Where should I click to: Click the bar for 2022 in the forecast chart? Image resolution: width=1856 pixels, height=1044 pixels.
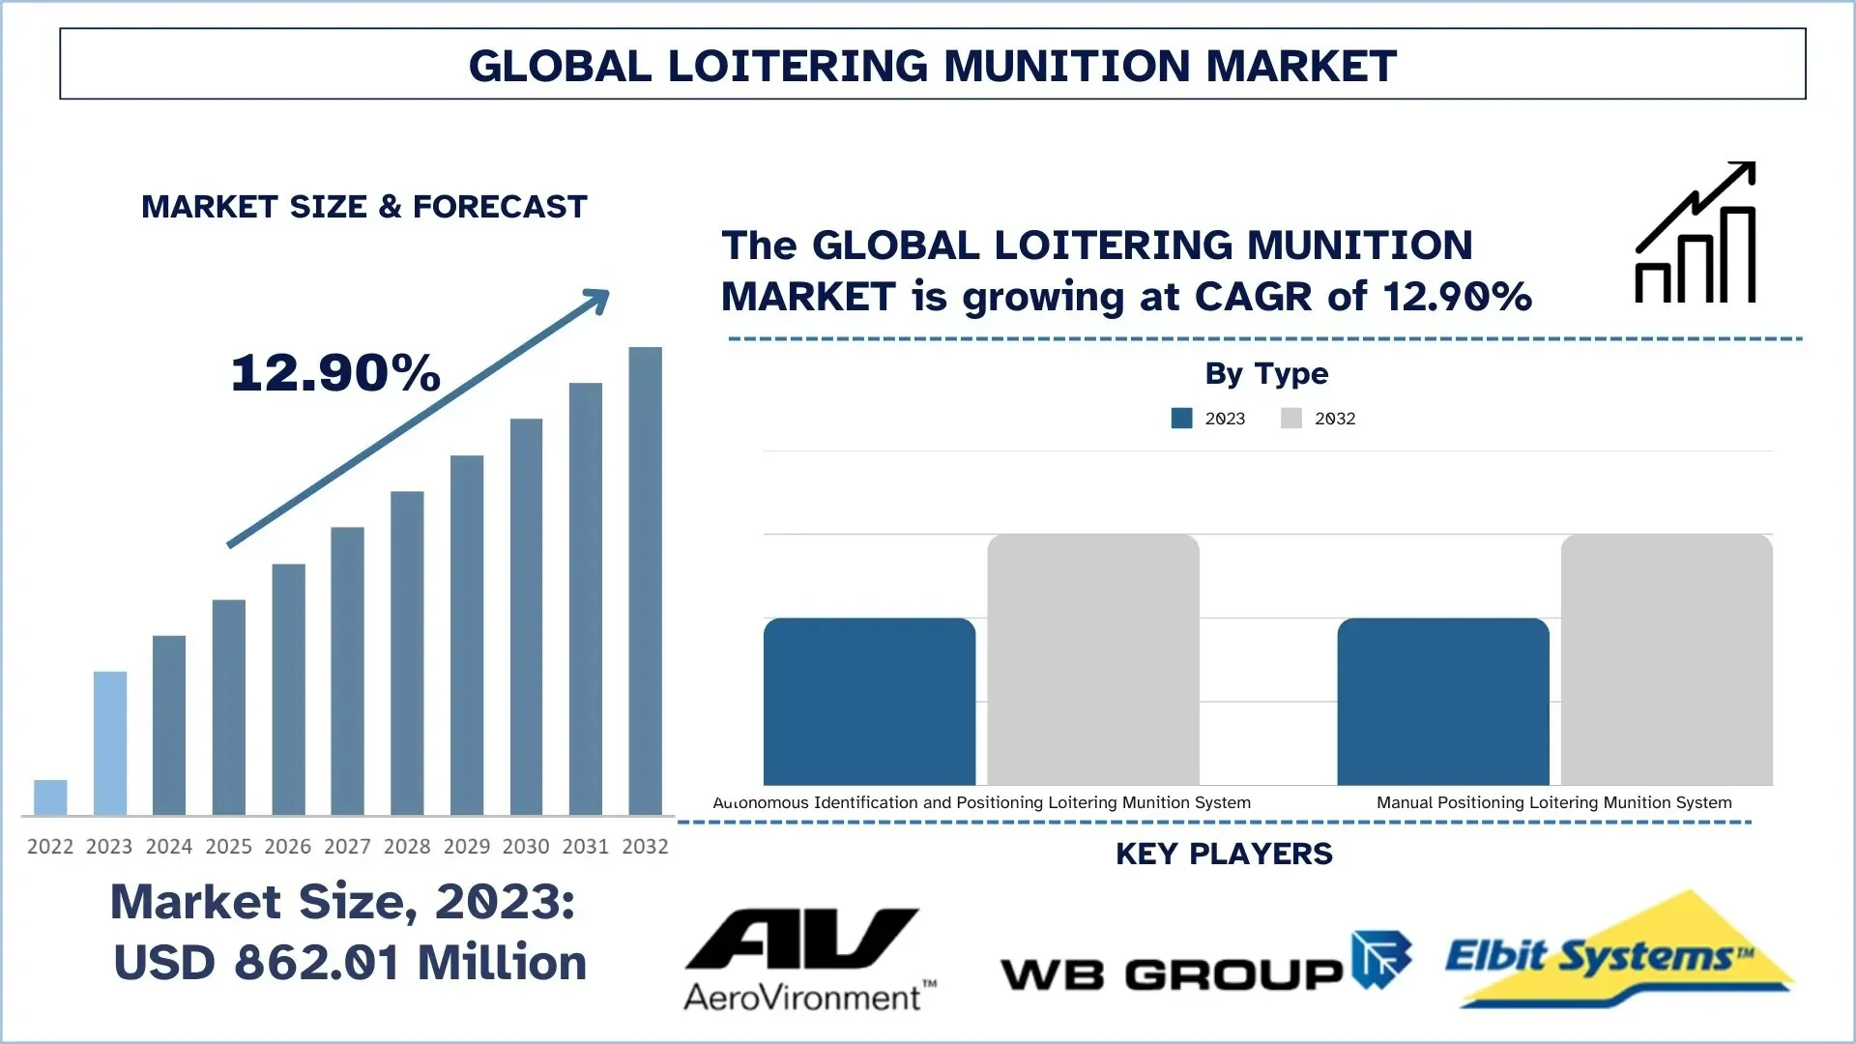tap(50, 797)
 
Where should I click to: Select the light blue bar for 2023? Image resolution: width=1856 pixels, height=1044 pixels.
tap(109, 742)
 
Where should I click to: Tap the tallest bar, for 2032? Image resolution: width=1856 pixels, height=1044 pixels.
tap(645, 580)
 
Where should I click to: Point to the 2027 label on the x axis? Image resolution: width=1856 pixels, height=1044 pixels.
tap(347, 847)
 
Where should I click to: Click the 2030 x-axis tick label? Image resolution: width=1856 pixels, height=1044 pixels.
tap(526, 847)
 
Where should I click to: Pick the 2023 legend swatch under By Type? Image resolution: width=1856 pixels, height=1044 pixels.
tap(1181, 419)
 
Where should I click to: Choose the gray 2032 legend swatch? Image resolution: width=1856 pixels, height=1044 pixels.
tap(1291, 419)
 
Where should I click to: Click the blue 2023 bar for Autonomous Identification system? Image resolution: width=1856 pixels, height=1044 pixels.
tap(869, 702)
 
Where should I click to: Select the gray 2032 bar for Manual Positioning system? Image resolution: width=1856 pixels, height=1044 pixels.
tap(1667, 659)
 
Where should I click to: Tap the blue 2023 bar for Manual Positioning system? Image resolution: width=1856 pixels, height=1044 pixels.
tap(1443, 702)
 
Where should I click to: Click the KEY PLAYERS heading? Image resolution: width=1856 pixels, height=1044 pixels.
tap(1224, 855)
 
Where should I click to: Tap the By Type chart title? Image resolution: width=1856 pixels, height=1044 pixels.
tap(1266, 373)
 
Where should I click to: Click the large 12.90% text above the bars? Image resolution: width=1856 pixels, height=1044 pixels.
tap(335, 373)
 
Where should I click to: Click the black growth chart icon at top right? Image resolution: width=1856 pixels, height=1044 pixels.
tap(1696, 233)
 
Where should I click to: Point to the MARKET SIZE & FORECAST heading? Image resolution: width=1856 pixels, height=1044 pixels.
tap(364, 207)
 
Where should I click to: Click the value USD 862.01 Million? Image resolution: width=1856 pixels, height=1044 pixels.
tap(350, 963)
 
